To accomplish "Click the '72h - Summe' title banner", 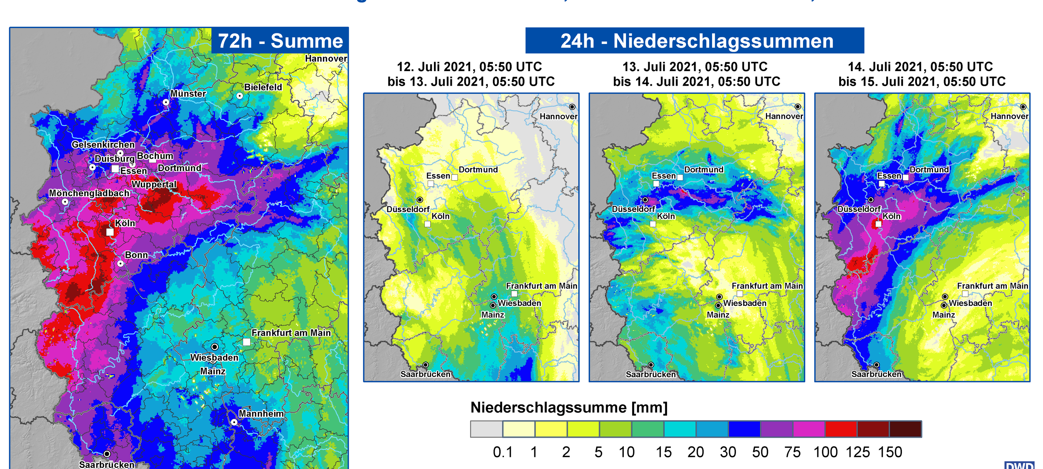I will point(280,41).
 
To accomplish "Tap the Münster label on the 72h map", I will point(188,93).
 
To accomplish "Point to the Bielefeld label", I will point(263,87).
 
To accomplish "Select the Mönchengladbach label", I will point(89,193).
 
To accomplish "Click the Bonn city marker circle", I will point(120,263).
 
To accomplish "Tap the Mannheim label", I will point(261,413).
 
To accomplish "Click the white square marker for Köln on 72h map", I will point(110,232).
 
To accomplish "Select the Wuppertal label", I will point(154,184).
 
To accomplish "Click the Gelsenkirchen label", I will point(103,144).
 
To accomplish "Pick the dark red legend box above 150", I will point(905,429).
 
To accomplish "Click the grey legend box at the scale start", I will point(486,429).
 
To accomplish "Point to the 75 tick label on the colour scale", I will point(792,452).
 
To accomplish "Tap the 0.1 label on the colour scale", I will point(502,452).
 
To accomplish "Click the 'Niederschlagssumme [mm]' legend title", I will point(568,407).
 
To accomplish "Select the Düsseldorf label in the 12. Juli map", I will point(408,209).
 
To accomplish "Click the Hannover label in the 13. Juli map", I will point(784,116).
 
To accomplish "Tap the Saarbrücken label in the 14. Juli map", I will point(876,374).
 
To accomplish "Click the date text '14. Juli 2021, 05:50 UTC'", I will point(920,66).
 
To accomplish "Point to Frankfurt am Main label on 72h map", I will point(291,333).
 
